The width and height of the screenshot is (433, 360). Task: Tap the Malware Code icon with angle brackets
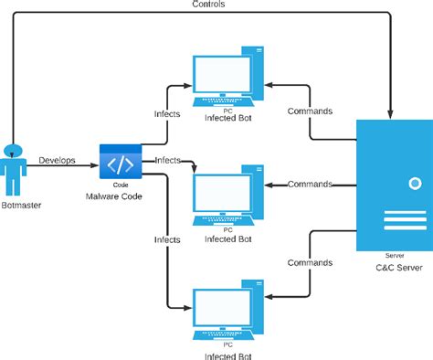tap(120, 164)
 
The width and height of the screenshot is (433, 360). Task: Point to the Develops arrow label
tap(57, 161)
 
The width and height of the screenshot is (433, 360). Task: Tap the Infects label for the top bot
tap(167, 114)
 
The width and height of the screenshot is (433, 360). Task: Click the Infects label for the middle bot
tap(167, 160)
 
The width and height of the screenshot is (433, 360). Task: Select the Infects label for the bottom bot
tap(167, 238)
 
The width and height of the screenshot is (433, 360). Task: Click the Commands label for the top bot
tap(310, 111)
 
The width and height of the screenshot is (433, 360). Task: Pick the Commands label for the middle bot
tap(310, 184)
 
